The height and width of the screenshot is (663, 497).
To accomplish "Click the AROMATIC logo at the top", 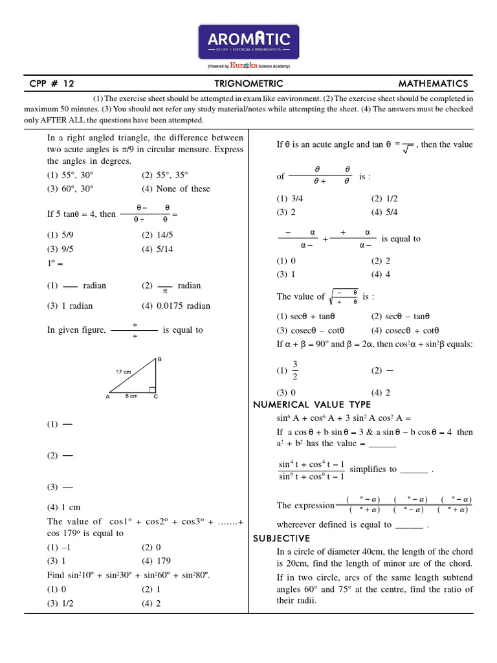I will point(249,43).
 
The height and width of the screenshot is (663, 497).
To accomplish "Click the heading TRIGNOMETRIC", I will point(248,84).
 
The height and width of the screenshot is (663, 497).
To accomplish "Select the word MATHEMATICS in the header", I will point(433,84).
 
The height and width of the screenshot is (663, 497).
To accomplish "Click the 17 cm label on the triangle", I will point(124,372).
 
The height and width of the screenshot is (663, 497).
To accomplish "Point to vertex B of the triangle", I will point(159,359).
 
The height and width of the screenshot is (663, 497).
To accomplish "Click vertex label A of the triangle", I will point(107,398).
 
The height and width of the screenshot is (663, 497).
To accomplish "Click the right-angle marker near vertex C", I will point(152,390).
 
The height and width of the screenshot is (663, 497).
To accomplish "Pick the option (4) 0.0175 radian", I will point(175,306).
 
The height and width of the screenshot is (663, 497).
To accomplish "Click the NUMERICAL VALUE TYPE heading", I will point(311,405).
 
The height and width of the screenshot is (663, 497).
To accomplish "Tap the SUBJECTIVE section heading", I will point(281,539).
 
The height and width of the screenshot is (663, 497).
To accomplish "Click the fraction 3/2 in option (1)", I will point(295,371).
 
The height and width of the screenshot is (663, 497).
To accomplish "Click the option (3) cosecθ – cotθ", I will point(309,330).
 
